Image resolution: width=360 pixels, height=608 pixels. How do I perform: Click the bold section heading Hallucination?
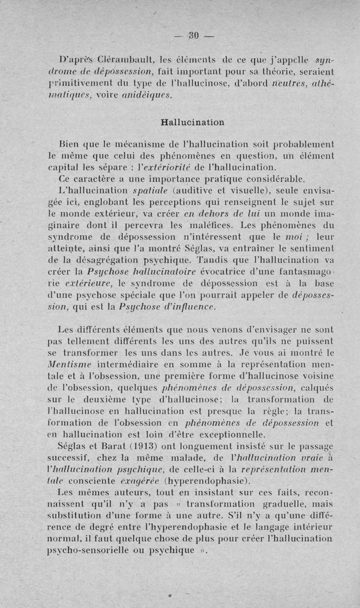(192, 122)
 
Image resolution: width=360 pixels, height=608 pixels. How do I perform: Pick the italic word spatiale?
(153, 191)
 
